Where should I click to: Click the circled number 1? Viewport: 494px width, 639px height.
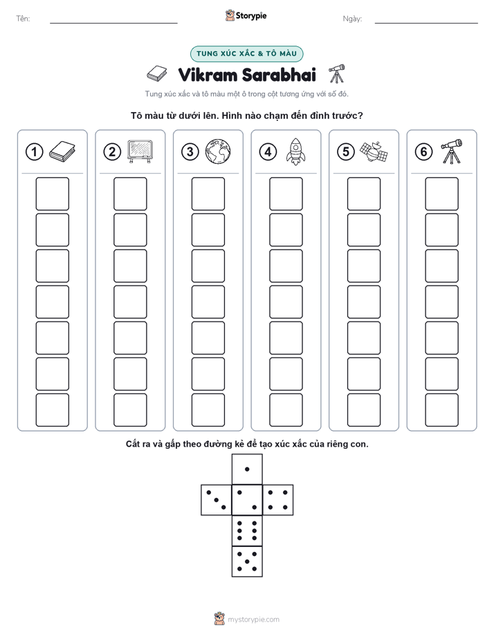(34, 152)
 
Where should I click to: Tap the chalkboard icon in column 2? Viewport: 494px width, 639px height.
(140, 151)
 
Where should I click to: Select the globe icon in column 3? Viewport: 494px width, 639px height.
(218, 151)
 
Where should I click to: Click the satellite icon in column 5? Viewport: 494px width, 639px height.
(374, 151)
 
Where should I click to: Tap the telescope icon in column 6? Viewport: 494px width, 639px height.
(452, 151)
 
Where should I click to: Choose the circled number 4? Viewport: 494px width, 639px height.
(268, 152)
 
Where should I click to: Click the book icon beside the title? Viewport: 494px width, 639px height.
(157, 74)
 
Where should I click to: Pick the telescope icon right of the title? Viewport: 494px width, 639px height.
(337, 73)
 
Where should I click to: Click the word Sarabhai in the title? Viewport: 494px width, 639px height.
(279, 75)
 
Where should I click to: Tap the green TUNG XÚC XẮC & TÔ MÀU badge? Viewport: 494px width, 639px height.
(246, 54)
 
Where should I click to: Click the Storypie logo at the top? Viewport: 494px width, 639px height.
(246, 16)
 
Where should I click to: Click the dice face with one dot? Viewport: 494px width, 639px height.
(247, 470)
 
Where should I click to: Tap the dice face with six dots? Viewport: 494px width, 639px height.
(247, 531)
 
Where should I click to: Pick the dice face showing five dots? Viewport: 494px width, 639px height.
(247, 562)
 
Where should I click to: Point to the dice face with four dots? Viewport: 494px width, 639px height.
(278, 500)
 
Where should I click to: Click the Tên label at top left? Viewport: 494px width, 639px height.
(23, 19)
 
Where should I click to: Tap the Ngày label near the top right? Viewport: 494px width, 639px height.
(352, 19)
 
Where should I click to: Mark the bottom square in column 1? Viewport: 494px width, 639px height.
(52, 410)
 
